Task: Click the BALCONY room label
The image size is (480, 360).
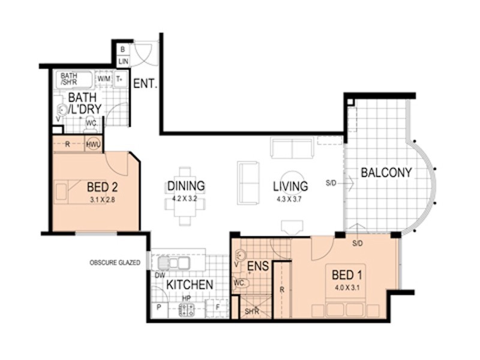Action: [386, 173]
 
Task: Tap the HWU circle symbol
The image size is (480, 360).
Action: [93, 144]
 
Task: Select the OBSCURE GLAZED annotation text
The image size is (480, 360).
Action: [115, 263]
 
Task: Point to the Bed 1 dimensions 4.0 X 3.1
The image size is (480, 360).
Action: [347, 288]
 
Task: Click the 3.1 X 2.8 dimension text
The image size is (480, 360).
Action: [103, 200]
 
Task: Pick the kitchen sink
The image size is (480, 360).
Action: [173, 263]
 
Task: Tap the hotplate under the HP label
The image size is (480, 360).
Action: [187, 310]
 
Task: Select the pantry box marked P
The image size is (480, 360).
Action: [160, 310]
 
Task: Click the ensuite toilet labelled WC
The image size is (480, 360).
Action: [242, 283]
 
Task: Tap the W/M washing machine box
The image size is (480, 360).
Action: [104, 79]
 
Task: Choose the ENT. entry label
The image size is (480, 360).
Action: [145, 83]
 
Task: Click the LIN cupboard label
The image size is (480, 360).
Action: [124, 61]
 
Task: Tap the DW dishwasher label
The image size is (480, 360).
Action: [160, 275]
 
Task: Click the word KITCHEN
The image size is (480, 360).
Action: [190, 284]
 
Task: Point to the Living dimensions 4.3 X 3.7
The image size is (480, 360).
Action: [289, 199]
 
